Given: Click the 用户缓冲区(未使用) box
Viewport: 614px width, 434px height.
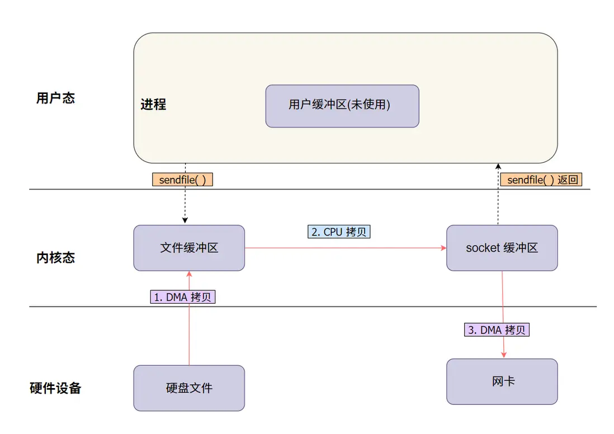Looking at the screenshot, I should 342,106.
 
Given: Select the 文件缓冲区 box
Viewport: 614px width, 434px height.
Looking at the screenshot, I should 189,248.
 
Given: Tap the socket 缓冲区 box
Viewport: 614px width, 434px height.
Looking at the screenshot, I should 502,248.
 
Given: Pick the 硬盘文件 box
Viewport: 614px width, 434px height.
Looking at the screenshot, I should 189,388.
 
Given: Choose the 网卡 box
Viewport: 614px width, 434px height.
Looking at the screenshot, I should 502,381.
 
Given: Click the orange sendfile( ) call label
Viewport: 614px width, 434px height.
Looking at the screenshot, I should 183,180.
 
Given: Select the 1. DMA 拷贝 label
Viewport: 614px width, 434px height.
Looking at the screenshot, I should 183,297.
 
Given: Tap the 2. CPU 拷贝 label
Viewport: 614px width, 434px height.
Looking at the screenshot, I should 339,231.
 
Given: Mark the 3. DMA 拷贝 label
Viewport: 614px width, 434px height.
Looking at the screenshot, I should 497,329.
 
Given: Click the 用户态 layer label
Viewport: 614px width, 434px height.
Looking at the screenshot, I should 55,98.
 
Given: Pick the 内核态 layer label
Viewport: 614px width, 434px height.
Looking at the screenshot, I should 55,258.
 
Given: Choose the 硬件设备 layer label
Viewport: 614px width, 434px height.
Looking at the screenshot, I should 55,388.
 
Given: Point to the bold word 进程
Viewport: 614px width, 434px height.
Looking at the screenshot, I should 153,105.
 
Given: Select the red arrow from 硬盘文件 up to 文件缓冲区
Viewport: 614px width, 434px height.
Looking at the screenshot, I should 189,336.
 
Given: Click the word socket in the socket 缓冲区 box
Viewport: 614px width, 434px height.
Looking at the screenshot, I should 483,248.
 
